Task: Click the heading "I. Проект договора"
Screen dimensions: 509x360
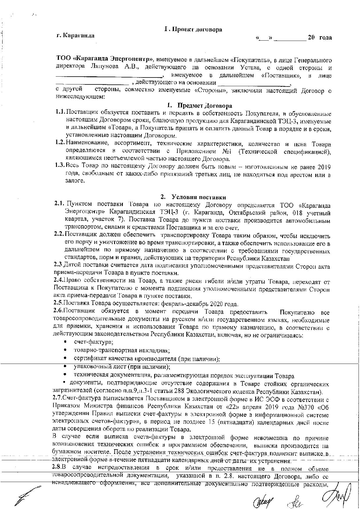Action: click(193, 29)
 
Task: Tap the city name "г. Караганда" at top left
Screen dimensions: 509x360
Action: click(75, 36)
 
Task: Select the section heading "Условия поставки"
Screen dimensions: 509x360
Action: click(199, 197)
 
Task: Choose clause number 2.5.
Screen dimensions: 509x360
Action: click(58, 304)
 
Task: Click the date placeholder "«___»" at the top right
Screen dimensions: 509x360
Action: click(264, 38)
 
